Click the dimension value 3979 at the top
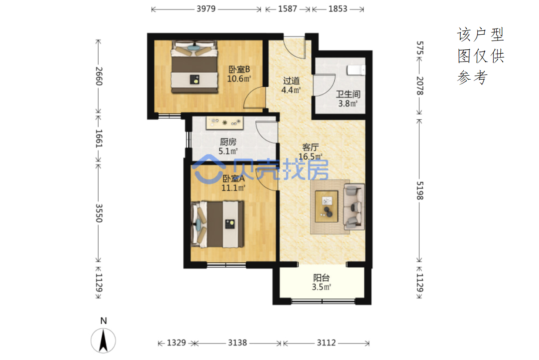206,9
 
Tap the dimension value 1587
288,9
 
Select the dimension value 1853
338,9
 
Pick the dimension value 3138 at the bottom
237,343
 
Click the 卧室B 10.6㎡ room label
239,74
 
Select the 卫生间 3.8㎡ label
348,99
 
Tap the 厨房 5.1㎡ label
228,147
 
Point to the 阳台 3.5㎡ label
321,283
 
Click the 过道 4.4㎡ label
291,85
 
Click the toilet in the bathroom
356,70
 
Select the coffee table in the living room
327,206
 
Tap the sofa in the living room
354,207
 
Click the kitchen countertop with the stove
225,123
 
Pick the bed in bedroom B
195,67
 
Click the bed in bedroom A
217,224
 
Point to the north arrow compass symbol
103,340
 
